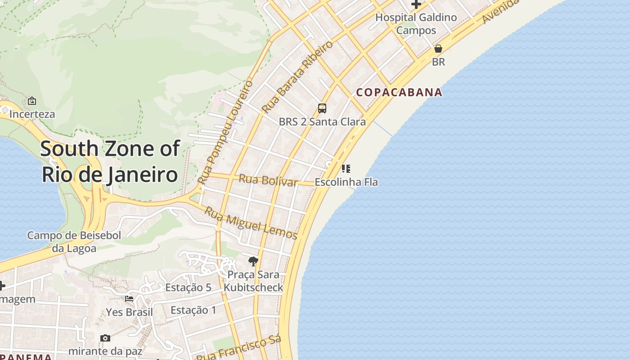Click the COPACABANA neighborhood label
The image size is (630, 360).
(399, 92)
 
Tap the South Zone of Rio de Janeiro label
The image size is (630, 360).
(110, 162)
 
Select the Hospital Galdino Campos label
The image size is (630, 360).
(416, 24)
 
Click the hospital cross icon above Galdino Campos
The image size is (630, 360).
(416, 4)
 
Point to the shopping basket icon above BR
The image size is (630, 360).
(438, 49)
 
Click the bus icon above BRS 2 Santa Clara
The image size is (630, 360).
(322, 108)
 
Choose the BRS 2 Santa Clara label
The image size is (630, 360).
(322, 121)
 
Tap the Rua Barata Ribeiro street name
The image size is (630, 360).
(297, 76)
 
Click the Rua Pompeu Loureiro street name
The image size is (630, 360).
(225, 132)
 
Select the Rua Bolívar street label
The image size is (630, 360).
(268, 180)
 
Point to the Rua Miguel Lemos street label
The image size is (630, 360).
(251, 223)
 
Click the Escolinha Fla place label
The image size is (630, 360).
(346, 182)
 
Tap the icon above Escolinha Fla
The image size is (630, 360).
(346, 169)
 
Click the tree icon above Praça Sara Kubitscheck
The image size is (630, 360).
(253, 261)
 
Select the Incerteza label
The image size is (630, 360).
(32, 114)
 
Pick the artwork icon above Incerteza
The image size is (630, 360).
(32, 101)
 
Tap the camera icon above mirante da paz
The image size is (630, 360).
(105, 338)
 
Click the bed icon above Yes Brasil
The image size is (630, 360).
(129, 298)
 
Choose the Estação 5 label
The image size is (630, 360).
(188, 288)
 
